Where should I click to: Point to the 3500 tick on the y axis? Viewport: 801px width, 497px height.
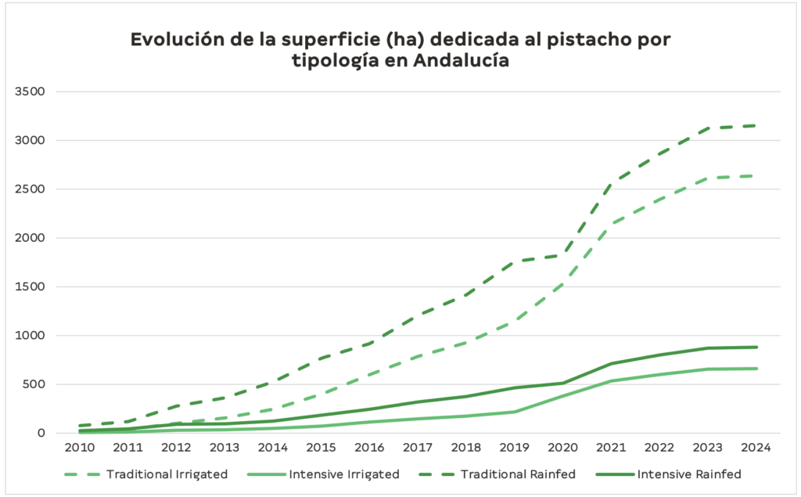pos(31,92)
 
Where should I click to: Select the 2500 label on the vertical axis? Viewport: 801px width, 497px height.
pos(31,189)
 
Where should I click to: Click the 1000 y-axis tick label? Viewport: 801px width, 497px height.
pos(31,336)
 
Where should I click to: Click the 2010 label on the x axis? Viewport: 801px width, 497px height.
pos(80,448)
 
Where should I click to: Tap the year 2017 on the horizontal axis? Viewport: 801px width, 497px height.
pos(418,448)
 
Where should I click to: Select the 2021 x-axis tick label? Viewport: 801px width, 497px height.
pos(612,448)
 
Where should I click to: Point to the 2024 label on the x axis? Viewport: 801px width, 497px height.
pos(756,448)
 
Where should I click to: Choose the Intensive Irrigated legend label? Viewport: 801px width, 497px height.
pos(344,474)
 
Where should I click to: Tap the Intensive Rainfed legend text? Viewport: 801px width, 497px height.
pos(689,474)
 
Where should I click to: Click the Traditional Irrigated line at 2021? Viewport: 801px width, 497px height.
pos(612,223)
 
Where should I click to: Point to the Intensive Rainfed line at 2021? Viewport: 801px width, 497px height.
pos(612,364)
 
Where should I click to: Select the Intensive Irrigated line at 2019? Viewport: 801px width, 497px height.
pos(515,412)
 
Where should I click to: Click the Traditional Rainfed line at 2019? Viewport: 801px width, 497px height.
pos(515,261)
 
